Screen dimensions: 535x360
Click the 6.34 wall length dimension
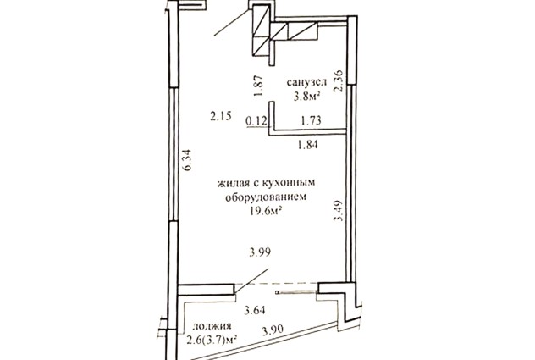[188, 161]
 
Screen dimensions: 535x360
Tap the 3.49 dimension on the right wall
[338, 211]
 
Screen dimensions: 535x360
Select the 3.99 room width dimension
[260, 252]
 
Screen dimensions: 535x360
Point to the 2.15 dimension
[221, 117]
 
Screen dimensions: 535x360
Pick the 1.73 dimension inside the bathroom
[311, 120]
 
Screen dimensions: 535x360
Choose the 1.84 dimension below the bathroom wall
[308, 145]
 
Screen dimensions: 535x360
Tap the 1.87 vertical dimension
[259, 86]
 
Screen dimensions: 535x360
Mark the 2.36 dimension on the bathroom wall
[339, 81]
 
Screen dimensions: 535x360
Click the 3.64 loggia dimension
[254, 311]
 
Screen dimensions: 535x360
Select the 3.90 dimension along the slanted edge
[273, 330]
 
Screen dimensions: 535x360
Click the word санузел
[306, 83]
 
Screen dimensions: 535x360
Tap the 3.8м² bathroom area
[306, 97]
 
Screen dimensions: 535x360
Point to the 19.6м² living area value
[266, 212]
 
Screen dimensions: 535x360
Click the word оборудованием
[266, 197]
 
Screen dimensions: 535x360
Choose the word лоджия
[212, 326]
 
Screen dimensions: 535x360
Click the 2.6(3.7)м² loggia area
[212, 340]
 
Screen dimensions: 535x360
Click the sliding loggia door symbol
[296, 292]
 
